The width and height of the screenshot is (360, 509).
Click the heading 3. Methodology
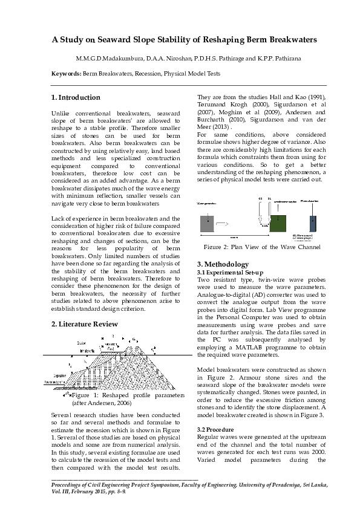223,264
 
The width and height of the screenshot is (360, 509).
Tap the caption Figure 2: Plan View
262,247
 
